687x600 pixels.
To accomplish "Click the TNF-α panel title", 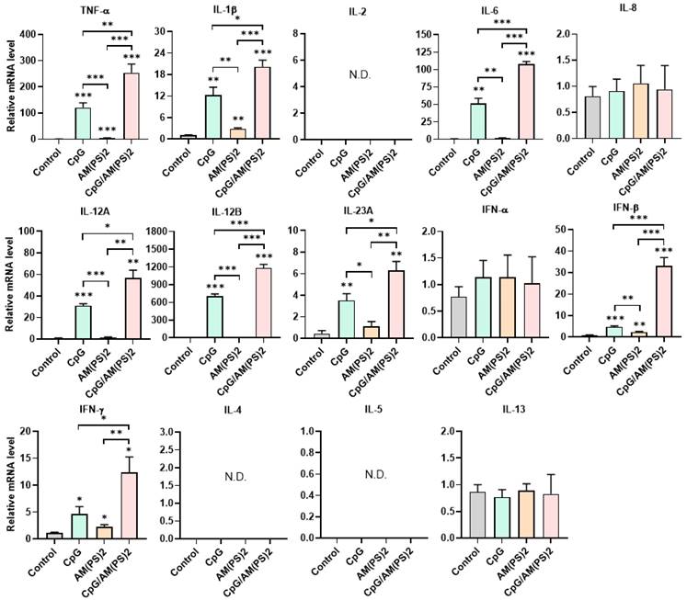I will click(x=91, y=8).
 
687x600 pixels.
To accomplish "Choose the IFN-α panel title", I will click(x=480, y=210).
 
